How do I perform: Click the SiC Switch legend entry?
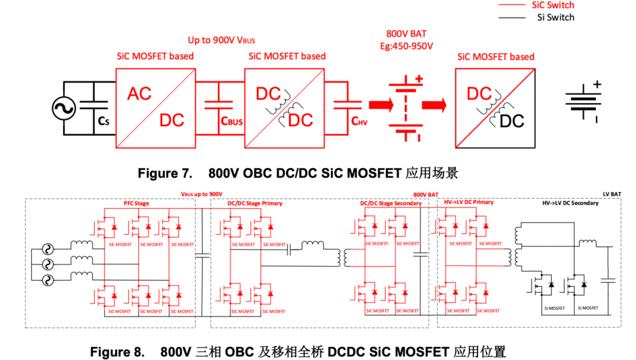(x=552, y=5)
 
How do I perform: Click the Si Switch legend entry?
(x=555, y=18)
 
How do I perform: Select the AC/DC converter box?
(x=155, y=107)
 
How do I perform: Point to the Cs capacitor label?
(x=104, y=121)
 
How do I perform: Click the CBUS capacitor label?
(x=231, y=121)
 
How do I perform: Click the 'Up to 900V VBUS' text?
(x=221, y=40)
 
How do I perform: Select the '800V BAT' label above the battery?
(x=406, y=34)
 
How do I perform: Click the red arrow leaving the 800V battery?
(x=433, y=105)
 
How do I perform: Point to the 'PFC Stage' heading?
(x=136, y=203)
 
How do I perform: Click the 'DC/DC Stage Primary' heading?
(x=254, y=203)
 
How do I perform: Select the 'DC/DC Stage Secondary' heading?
(x=390, y=203)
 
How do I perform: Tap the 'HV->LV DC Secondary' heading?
(x=570, y=203)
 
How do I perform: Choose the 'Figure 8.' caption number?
(x=117, y=352)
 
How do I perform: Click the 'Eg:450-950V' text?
(x=406, y=45)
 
